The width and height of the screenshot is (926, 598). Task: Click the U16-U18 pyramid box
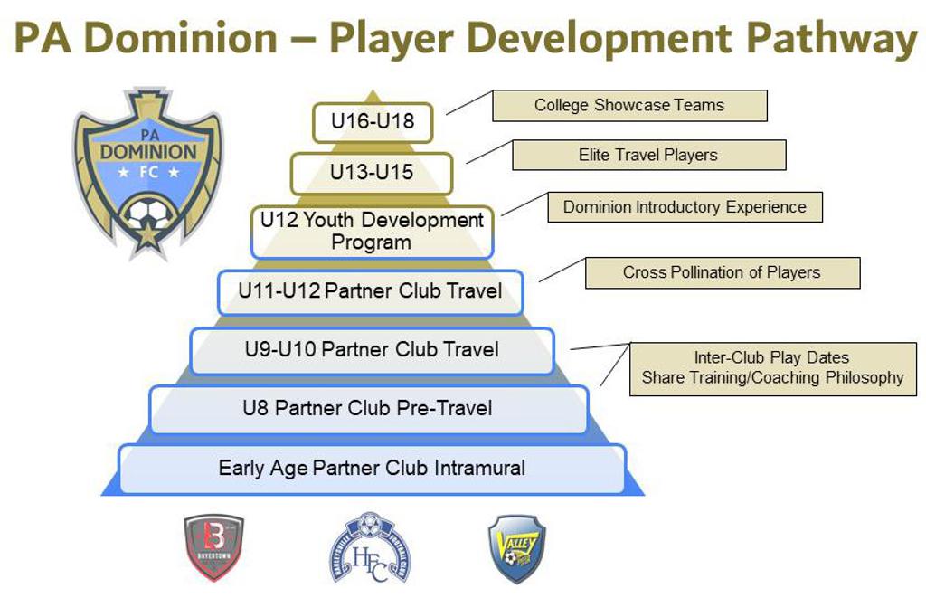[373, 122]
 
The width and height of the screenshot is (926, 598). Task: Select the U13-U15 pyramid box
[371, 173]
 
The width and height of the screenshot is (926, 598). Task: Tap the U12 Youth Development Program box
[372, 232]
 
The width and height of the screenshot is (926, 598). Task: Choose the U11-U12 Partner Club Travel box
[370, 291]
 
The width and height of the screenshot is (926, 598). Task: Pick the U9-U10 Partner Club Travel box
[371, 350]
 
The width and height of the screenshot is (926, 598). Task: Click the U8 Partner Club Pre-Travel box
[368, 409]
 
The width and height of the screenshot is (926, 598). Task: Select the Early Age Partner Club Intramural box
[372, 469]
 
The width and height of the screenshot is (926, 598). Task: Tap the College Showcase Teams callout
[628, 105]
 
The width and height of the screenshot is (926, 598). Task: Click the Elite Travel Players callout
[648, 155]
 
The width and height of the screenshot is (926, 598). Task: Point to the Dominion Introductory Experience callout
[684, 206]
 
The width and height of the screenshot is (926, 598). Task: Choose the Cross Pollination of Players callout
[722, 272]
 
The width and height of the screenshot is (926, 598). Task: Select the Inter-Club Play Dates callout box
[772, 368]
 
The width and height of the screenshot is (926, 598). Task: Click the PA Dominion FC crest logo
[147, 172]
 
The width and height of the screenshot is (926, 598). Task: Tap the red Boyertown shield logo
[213, 546]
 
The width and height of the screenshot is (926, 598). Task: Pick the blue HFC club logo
[369, 546]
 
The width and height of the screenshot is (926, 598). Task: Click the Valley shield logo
[516, 547]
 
